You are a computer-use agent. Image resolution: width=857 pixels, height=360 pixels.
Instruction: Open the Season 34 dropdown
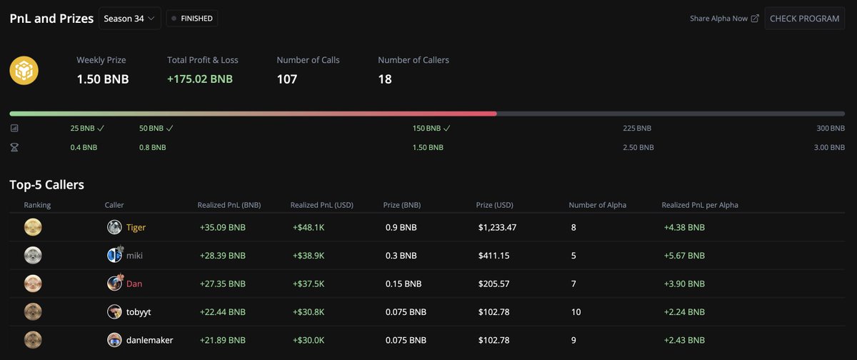pyautogui.click(x=130, y=19)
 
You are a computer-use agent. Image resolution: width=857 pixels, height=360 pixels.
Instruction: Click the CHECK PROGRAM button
pyautogui.click(x=804, y=19)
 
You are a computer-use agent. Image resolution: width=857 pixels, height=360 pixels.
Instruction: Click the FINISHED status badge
pyautogui.click(x=192, y=19)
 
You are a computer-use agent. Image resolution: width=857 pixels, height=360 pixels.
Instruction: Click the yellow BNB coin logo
pyautogui.click(x=24, y=71)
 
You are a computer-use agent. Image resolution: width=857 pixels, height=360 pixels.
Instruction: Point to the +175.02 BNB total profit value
pyautogui.click(x=200, y=79)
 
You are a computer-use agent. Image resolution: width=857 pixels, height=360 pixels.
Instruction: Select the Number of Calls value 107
pyautogui.click(x=287, y=79)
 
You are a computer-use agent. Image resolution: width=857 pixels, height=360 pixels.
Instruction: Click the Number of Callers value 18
pyautogui.click(x=385, y=79)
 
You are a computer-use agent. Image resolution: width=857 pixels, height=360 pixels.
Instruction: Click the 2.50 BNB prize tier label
pyautogui.click(x=638, y=147)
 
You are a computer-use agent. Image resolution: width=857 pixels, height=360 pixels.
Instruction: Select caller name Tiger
pyautogui.click(x=136, y=227)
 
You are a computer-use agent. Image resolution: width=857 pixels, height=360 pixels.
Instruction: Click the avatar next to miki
pyautogui.click(x=114, y=255)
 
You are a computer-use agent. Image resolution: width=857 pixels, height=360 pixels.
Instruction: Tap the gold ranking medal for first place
pyautogui.click(x=33, y=227)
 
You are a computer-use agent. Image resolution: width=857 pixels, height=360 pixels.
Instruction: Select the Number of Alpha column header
pyautogui.click(x=597, y=205)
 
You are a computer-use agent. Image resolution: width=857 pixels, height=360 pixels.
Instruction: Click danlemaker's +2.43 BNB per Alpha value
pyautogui.click(x=683, y=340)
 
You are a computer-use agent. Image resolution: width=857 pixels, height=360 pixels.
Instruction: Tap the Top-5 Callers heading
pyautogui.click(x=47, y=185)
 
